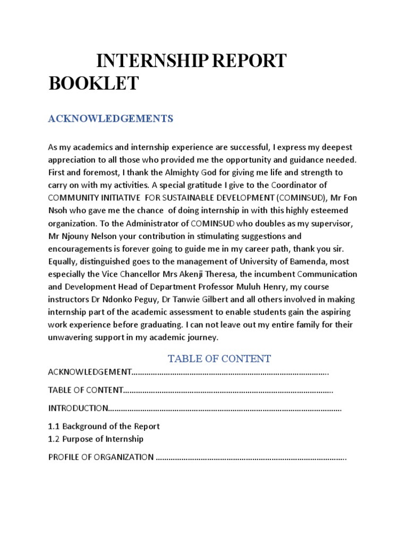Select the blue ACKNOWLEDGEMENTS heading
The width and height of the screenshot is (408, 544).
pyautogui.click(x=110, y=118)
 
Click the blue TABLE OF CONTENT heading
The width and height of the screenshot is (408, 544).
pyautogui.click(x=219, y=359)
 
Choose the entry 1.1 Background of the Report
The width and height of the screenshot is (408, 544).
pyautogui.click(x=104, y=426)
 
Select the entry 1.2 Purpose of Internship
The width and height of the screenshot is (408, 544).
pyautogui.click(x=96, y=439)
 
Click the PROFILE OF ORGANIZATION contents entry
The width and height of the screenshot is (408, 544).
pyautogui.click(x=101, y=457)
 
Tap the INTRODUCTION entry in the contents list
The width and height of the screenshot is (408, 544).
pyautogui.click(x=78, y=408)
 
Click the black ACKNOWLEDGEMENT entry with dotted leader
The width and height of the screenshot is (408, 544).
pyautogui.click(x=90, y=372)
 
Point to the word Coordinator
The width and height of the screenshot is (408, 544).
pyautogui.click(x=310, y=185)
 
